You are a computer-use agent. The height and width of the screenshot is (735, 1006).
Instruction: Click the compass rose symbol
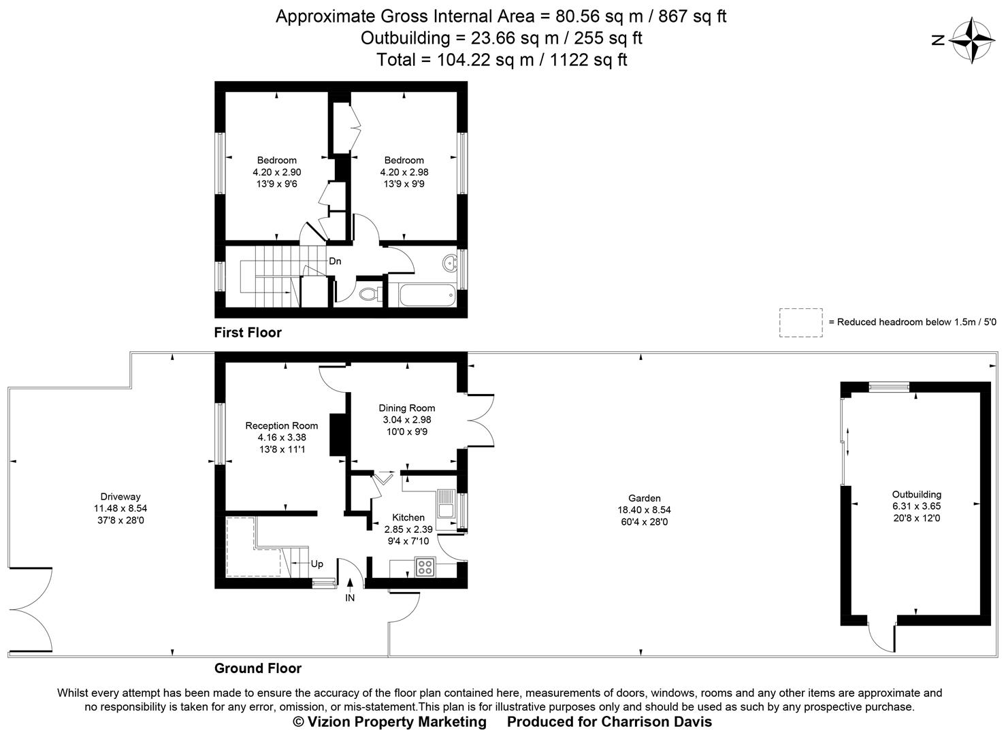(971, 40)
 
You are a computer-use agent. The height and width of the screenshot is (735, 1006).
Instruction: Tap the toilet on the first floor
(368, 294)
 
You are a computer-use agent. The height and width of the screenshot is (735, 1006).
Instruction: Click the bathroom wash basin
(449, 263)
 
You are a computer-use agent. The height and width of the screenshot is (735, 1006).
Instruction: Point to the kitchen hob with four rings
(425, 566)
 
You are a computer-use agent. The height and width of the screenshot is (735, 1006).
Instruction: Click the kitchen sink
(447, 510)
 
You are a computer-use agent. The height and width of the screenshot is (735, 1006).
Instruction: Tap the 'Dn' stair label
(335, 261)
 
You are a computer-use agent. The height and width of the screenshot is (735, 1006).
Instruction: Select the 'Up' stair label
(317, 564)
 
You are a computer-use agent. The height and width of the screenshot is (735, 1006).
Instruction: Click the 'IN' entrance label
(350, 598)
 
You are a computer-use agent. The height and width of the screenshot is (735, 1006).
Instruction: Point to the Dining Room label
(407, 408)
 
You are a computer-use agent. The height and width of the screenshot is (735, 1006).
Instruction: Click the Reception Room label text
(282, 426)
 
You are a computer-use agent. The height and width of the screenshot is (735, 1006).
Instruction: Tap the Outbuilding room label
(916, 495)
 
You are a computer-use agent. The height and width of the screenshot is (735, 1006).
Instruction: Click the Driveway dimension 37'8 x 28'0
(120, 521)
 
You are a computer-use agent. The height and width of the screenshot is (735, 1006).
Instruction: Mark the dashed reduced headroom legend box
(801, 322)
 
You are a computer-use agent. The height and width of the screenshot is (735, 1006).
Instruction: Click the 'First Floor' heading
(248, 333)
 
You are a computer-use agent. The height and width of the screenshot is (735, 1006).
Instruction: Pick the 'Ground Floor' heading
(258, 668)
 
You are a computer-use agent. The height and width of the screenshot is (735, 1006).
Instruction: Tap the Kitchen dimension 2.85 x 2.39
(408, 529)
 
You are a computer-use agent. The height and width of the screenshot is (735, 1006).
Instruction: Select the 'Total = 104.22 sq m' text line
(502, 60)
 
